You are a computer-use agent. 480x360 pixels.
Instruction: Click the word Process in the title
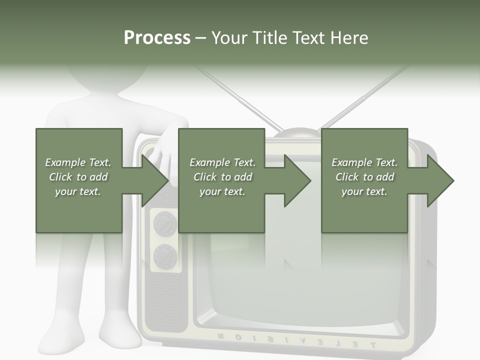pos(157,38)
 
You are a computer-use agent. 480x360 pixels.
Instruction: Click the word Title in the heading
pos(270,38)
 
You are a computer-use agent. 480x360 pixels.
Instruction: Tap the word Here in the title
pos(349,38)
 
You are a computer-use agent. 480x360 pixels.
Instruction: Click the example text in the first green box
pos(78,177)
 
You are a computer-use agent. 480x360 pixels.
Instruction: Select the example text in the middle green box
pos(222,177)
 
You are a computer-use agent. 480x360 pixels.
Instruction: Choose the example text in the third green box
pos(364,177)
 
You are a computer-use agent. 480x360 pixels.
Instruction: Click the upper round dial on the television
pos(165,223)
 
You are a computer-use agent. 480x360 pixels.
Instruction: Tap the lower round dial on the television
pos(165,256)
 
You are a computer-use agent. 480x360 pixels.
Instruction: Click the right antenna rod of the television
pos(365,97)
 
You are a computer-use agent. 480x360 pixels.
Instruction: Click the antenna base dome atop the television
pos(296,132)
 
